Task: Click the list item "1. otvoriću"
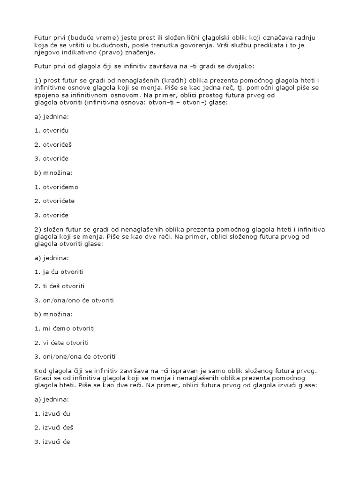coord(51,130)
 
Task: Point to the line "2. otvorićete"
coord(54,201)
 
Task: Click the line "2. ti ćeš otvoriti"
coord(60,286)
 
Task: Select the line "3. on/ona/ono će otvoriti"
coord(74,300)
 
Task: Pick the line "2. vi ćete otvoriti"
coord(61,343)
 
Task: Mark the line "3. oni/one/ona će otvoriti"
coord(75,357)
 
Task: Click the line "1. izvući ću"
coord(52,413)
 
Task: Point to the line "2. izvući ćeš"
coord(54,427)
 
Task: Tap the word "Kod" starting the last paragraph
coord(40,371)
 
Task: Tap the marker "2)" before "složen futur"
coord(38,229)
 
